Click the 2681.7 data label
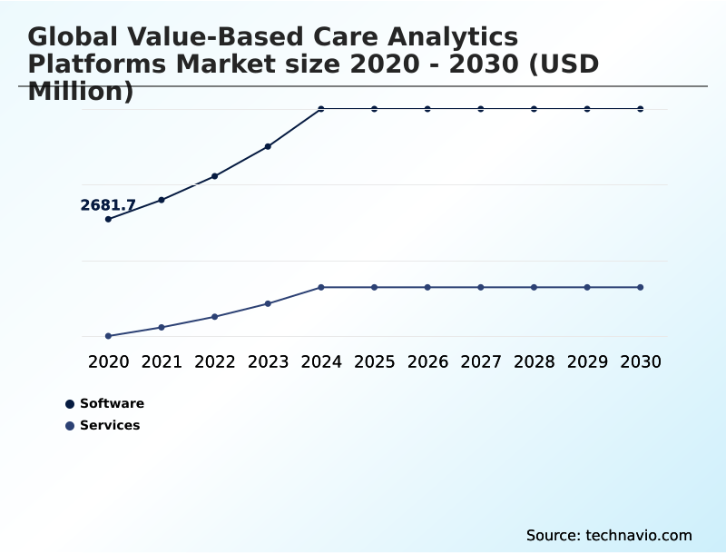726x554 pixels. pos(108,205)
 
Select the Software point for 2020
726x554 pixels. pos(108,219)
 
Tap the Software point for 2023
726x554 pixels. pos(268,146)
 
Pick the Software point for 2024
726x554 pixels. pos(321,109)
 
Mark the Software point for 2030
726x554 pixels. pos(641,109)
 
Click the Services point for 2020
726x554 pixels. pos(108,336)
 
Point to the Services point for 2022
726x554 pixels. pos(215,317)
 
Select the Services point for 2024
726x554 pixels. pos(321,287)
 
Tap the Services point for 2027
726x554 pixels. pos(481,287)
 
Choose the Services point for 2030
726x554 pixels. pos(641,287)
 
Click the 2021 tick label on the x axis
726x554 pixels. pos(162,361)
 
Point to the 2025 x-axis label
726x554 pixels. pos(374,361)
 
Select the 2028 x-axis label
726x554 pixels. pos(534,361)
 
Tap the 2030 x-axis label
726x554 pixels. pos(641,361)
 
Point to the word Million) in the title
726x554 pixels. pos(81,91)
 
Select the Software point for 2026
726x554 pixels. pos(427,109)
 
